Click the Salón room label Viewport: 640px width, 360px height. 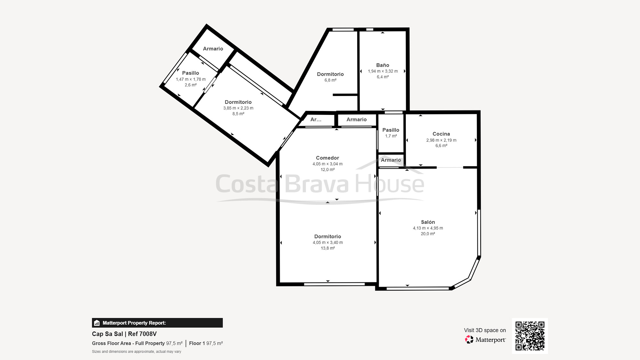[428, 222]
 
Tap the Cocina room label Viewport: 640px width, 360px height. [441, 134]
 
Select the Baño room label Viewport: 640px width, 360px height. [383, 65]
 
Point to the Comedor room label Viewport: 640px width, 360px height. [327, 158]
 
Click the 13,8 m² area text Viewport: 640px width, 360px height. [328, 248]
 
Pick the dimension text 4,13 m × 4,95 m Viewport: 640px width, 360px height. [428, 228]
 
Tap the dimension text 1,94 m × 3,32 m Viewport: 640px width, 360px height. [383, 71]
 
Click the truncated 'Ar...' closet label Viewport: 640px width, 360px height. [316, 119]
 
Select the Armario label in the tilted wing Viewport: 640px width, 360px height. [213, 49]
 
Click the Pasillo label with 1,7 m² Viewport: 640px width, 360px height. [391, 130]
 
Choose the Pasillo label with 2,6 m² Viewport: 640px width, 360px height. [190, 73]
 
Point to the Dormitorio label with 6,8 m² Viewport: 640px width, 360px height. [330, 74]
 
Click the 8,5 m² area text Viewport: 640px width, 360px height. [238, 114]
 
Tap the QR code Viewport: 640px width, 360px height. [530, 336]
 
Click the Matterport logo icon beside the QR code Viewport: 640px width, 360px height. [469, 340]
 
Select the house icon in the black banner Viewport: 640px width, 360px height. [97, 323]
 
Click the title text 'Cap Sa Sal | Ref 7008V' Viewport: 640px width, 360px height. [124, 334]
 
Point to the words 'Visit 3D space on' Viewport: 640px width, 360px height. [485, 330]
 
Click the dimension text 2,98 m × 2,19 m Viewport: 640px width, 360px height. [441, 140]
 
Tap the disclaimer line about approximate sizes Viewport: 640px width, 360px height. [137, 352]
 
